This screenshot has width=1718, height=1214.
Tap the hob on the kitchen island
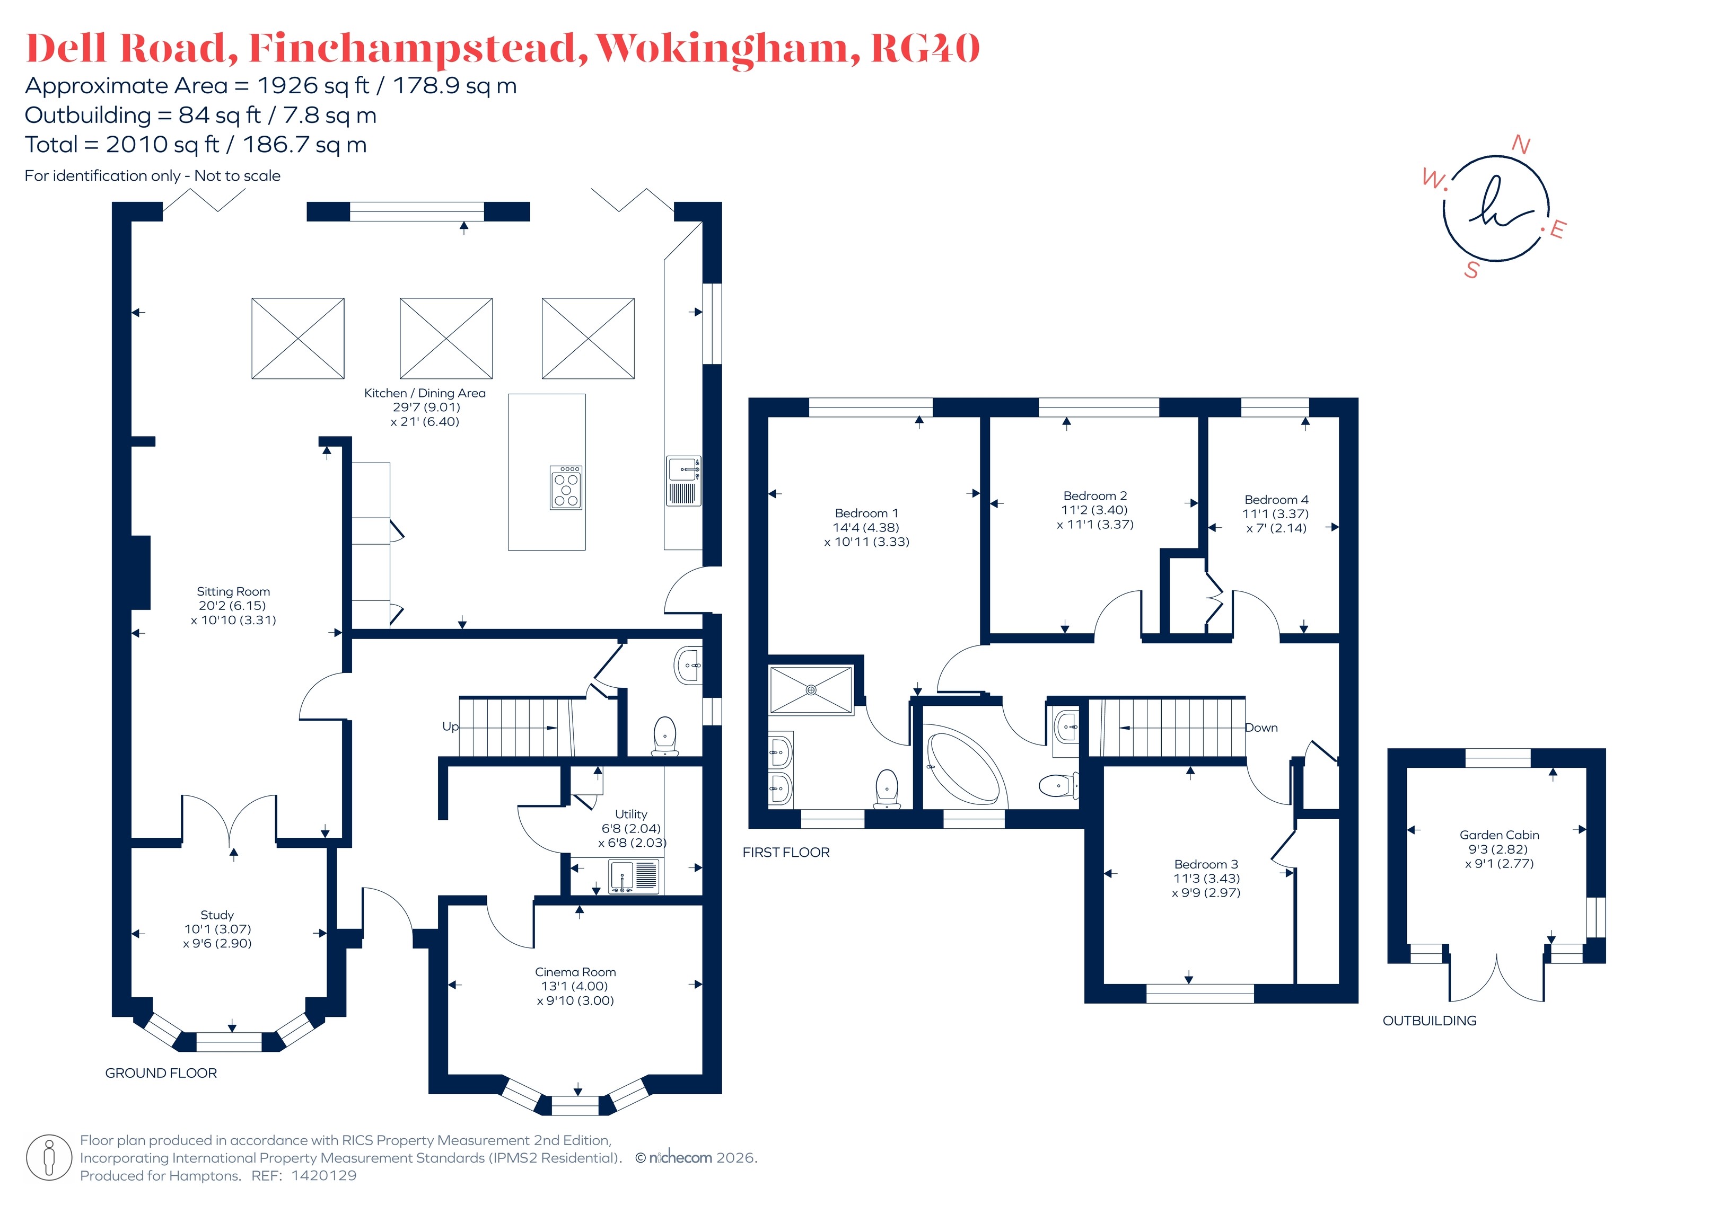click(566, 488)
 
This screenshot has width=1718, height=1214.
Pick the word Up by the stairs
click(451, 727)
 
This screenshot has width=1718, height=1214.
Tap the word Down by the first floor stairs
click(1261, 728)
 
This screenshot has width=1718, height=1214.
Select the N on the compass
click(1521, 144)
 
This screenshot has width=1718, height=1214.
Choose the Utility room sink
click(634, 876)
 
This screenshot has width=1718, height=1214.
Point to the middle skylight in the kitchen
click(446, 339)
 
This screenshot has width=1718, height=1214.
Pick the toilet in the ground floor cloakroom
click(664, 736)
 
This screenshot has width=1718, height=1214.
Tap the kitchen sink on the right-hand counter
click(684, 481)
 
